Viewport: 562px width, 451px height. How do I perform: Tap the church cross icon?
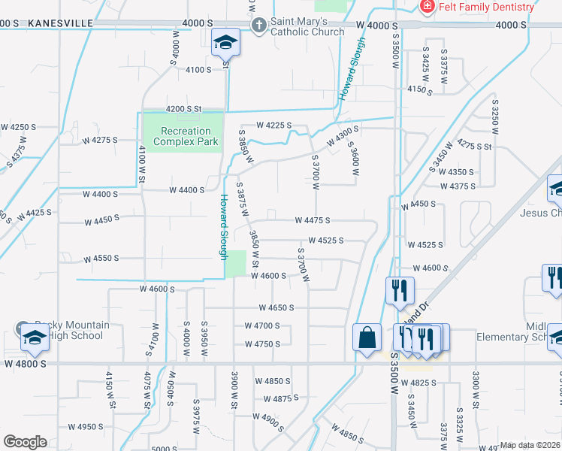(259, 25)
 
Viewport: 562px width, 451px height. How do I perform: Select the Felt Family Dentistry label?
(488, 7)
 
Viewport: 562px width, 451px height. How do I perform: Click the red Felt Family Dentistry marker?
(427, 7)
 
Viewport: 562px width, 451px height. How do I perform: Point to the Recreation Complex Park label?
(186, 136)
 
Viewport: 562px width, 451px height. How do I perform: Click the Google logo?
(25, 442)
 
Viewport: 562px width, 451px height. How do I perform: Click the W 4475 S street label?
(313, 221)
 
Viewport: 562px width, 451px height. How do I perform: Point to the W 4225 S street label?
(273, 126)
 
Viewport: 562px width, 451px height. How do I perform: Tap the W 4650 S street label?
(276, 307)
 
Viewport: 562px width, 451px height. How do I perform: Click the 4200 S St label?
(185, 109)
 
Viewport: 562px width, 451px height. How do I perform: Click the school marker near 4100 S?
(224, 43)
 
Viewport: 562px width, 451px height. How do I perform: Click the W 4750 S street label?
(262, 344)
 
